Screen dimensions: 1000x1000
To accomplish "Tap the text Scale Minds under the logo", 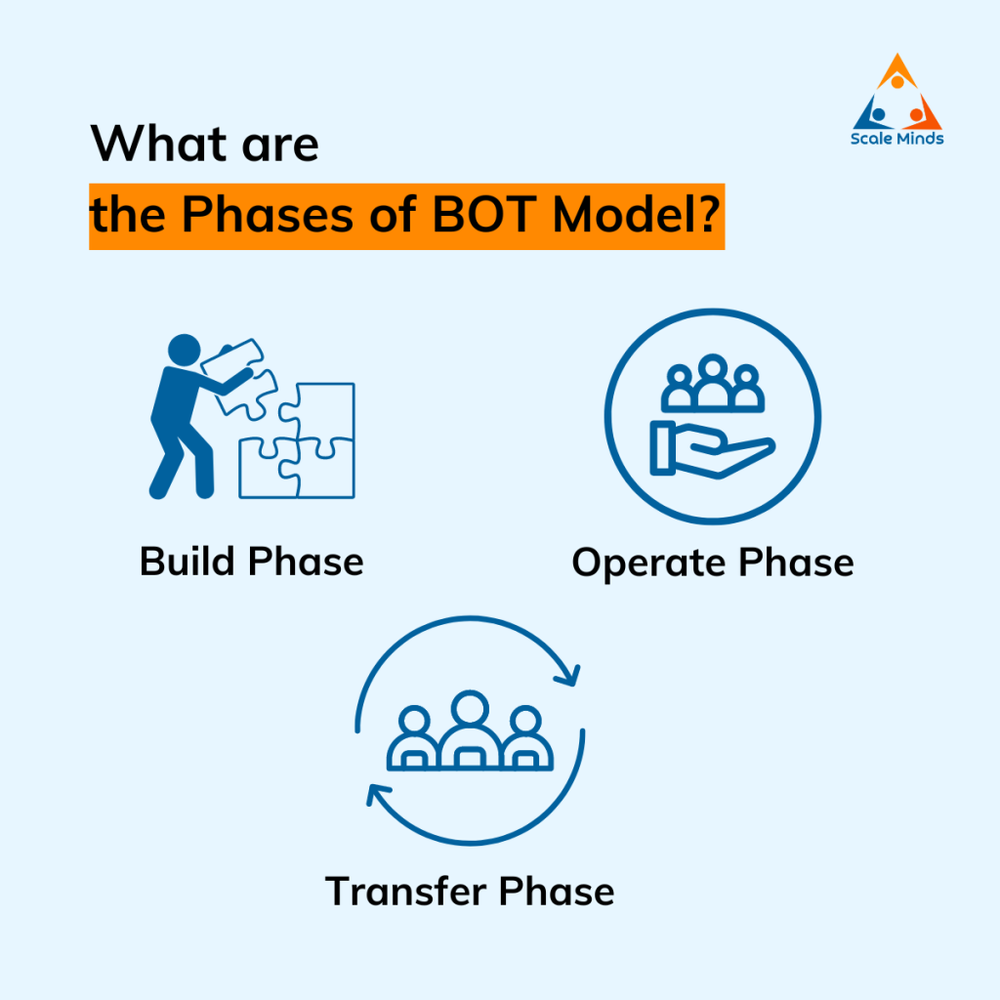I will (896, 139).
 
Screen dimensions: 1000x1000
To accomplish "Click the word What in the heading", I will (155, 146).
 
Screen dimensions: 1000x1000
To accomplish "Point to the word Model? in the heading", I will (639, 215).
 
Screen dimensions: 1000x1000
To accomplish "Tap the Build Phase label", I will (252, 562).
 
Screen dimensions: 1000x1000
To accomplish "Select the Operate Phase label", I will (712, 563).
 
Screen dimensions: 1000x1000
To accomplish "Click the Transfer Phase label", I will (470, 891).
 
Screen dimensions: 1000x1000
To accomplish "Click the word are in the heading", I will (276, 146).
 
